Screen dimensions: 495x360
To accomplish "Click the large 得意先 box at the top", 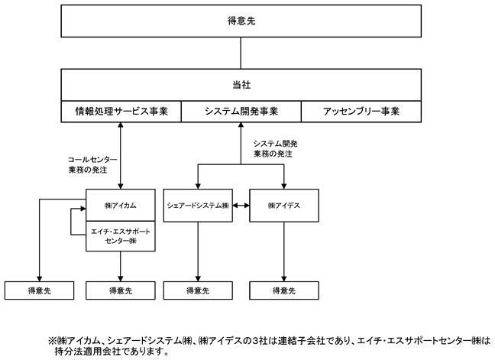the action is pyautogui.click(x=241, y=21).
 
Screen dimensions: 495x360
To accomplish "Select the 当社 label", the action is pyautogui.click(x=241, y=85).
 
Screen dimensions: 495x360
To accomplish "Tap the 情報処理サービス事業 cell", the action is pyautogui.click(x=121, y=112).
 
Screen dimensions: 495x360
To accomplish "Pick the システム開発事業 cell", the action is pyautogui.click(x=241, y=112).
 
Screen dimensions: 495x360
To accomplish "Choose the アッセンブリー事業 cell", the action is pyautogui.click(x=361, y=112).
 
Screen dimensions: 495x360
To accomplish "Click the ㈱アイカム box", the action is pyautogui.click(x=121, y=206).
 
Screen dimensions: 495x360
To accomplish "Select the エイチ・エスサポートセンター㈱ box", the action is pyautogui.click(x=121, y=236).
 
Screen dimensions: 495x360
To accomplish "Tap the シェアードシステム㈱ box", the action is pyautogui.click(x=198, y=206).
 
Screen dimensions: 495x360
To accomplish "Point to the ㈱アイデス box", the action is pyautogui.click(x=284, y=206).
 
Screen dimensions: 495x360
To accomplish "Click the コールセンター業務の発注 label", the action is pyautogui.click(x=92, y=164).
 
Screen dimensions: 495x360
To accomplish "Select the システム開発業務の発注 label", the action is pyautogui.click(x=275, y=149).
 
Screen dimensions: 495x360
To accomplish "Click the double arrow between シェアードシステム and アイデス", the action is pyautogui.click(x=241, y=206).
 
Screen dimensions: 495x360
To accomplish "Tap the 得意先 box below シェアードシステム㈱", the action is pyautogui.click(x=198, y=290).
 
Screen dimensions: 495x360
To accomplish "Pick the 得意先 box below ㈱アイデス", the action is pyautogui.click(x=284, y=290).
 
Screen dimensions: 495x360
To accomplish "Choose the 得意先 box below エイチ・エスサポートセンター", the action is pyautogui.click(x=121, y=290).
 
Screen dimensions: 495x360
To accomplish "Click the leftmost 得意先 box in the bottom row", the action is pyautogui.click(x=40, y=290).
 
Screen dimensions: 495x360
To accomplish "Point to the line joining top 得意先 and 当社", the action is pyautogui.click(x=241, y=53).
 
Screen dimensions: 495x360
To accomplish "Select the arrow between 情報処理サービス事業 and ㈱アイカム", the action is pyautogui.click(x=120, y=156).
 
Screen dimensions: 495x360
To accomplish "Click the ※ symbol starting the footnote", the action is pyautogui.click(x=52, y=341).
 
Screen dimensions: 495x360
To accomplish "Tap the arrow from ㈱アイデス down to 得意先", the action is pyautogui.click(x=284, y=251).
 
